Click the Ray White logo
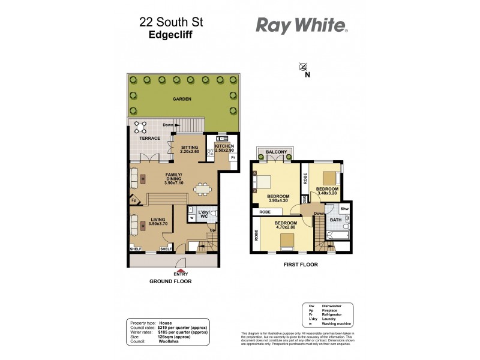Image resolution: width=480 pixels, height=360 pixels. click(301, 25)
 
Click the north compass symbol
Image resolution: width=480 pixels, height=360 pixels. click(304, 67)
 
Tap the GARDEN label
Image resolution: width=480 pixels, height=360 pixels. click(182, 99)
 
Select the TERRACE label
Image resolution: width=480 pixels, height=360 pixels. click(150, 139)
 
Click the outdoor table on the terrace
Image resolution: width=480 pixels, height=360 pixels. click(142, 127)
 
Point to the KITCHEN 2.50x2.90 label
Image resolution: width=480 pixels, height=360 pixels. click(220, 148)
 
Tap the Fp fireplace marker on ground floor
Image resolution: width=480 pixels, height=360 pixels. click(134, 200)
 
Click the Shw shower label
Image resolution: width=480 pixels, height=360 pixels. click(344, 209)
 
